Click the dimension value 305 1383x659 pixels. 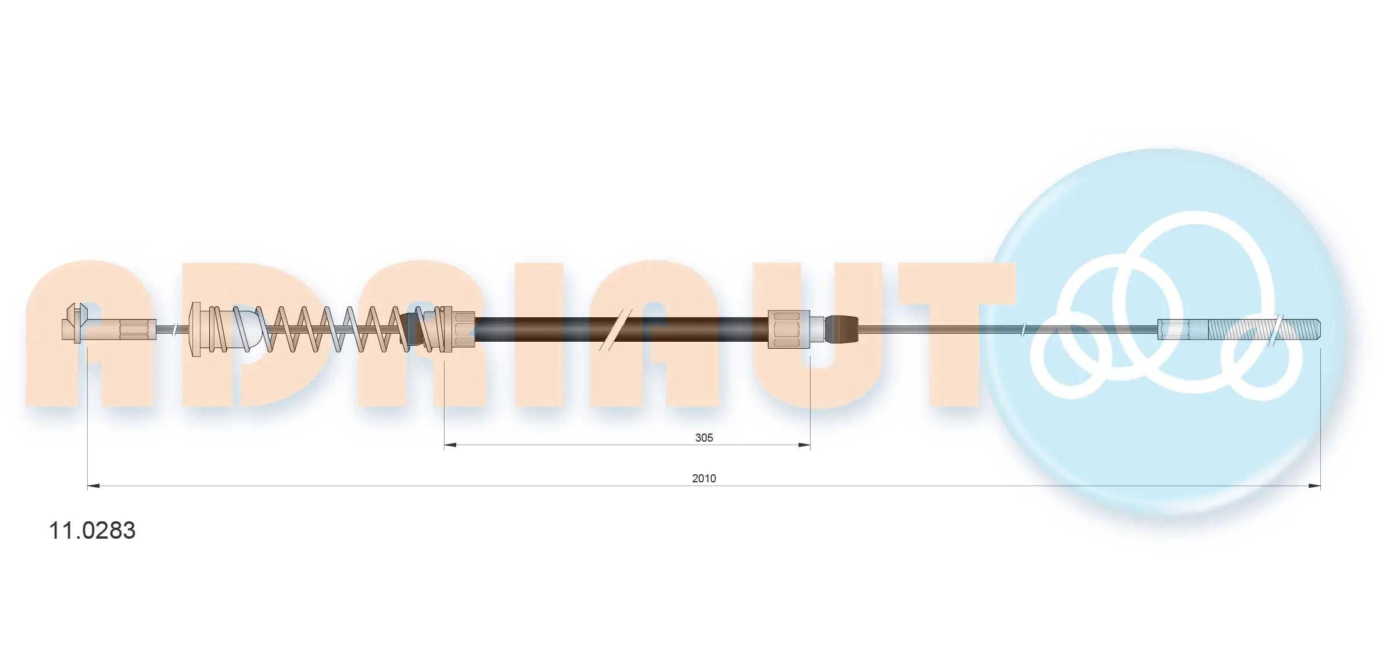(x=704, y=438)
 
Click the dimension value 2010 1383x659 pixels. (x=704, y=478)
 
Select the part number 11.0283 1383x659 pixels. (x=92, y=531)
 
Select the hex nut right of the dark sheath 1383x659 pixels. (x=789, y=329)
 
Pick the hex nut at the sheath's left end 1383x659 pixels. (x=463, y=329)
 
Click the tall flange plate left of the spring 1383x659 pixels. (x=196, y=329)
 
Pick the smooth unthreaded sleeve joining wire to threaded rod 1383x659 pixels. (x=1183, y=329)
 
